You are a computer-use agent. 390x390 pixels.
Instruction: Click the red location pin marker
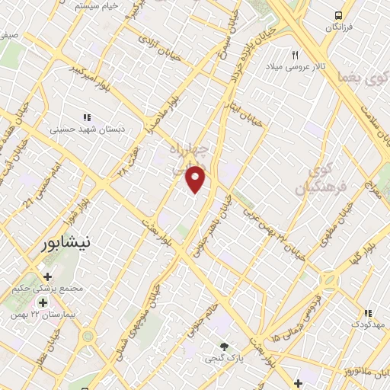tap(197, 178)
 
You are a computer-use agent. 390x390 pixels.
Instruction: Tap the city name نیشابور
tap(63, 244)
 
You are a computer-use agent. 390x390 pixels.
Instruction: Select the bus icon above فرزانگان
tap(338, 15)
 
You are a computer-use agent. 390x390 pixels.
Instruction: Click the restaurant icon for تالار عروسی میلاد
tap(296, 54)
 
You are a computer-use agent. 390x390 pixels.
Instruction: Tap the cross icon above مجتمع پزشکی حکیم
tap(47, 277)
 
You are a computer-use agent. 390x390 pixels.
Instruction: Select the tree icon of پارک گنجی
tap(223, 346)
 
